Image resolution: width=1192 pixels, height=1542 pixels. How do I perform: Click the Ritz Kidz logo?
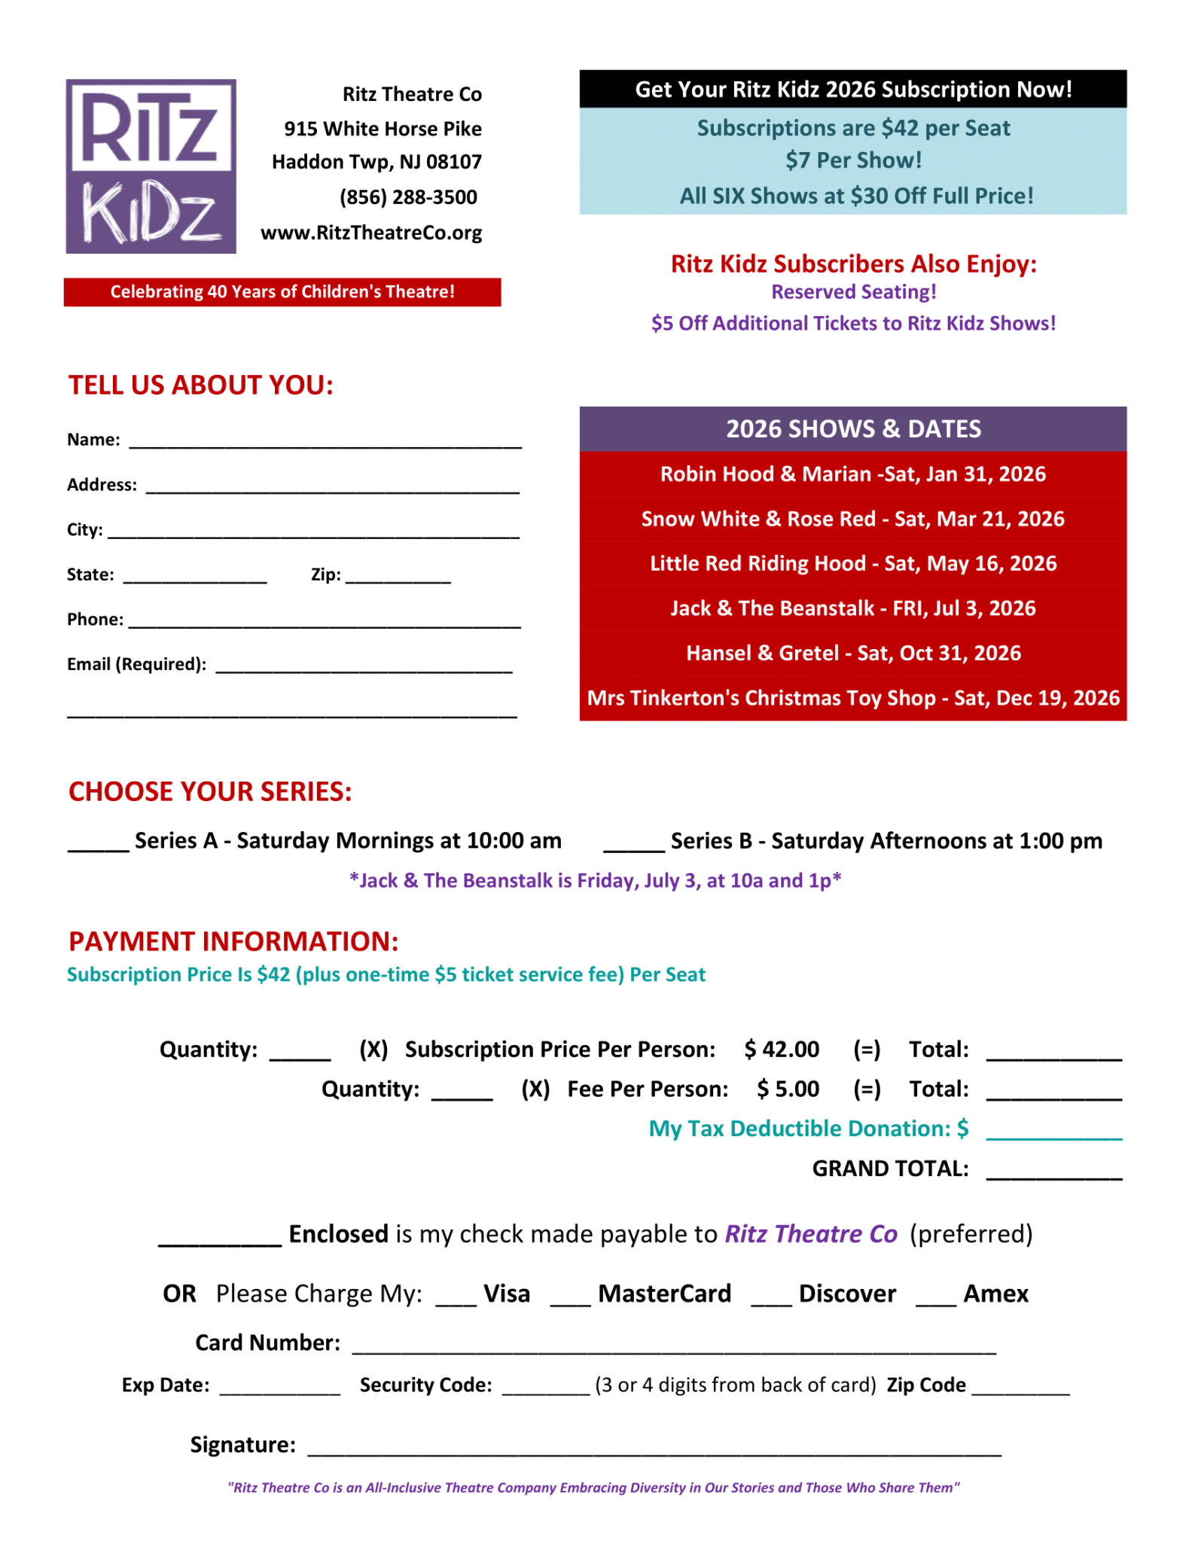(151, 166)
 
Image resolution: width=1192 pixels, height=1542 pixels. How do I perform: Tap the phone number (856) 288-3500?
(408, 197)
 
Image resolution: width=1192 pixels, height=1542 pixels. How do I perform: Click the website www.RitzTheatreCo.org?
(371, 233)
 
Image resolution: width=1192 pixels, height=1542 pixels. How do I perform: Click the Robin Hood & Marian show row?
(852, 474)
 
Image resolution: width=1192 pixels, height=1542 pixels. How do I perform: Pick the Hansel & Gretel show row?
(852, 654)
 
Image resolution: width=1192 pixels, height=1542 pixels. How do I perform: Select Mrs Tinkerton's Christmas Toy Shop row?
(852, 699)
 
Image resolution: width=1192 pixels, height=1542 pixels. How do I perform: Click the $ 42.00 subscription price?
(782, 1050)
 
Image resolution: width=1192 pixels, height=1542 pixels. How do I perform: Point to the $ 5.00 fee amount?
(788, 1089)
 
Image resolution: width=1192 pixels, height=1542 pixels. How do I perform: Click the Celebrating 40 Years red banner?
(282, 292)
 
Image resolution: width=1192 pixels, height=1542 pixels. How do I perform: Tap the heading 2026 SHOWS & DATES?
(852, 429)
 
